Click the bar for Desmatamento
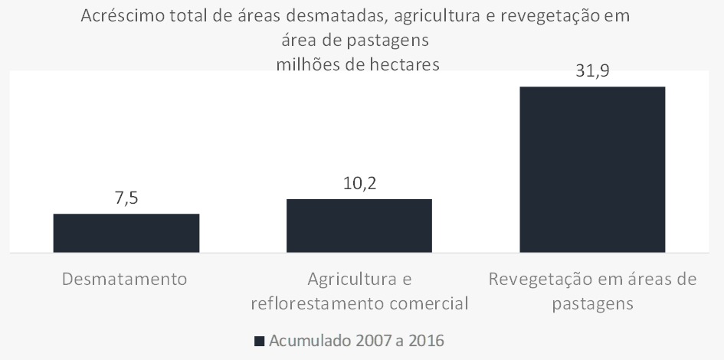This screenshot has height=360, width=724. [126, 233]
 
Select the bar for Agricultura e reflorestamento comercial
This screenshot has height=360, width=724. [359, 225]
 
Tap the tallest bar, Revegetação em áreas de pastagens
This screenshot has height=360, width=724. [592, 169]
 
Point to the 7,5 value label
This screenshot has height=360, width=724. [126, 198]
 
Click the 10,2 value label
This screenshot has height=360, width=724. [359, 184]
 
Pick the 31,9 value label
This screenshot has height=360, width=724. [592, 72]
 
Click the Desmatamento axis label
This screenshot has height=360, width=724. [125, 278]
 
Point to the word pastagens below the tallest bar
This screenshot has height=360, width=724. [592, 303]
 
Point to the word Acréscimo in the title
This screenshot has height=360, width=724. [122, 16]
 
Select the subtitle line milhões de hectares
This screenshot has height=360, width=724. [358, 64]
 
